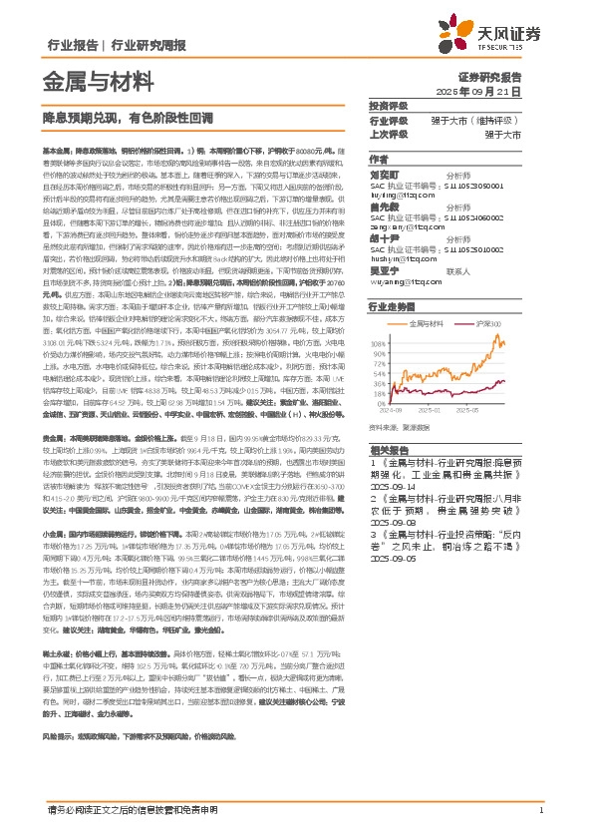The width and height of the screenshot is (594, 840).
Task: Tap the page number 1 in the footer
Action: tap(539, 810)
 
